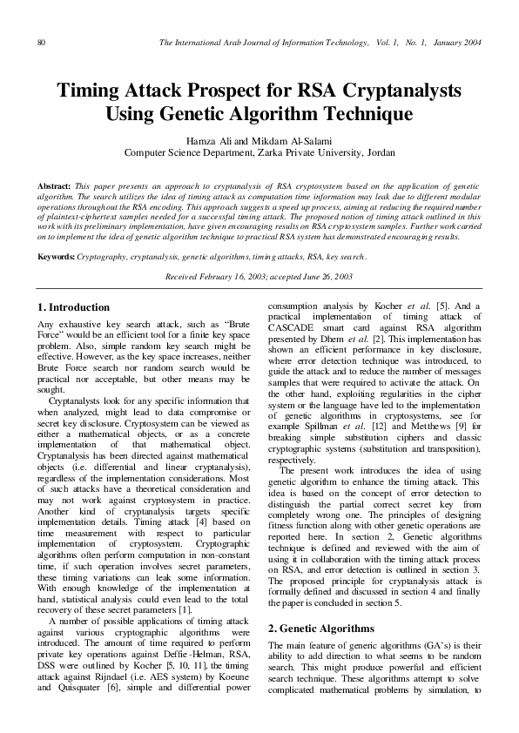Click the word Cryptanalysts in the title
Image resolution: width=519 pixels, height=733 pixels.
click(x=396, y=91)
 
